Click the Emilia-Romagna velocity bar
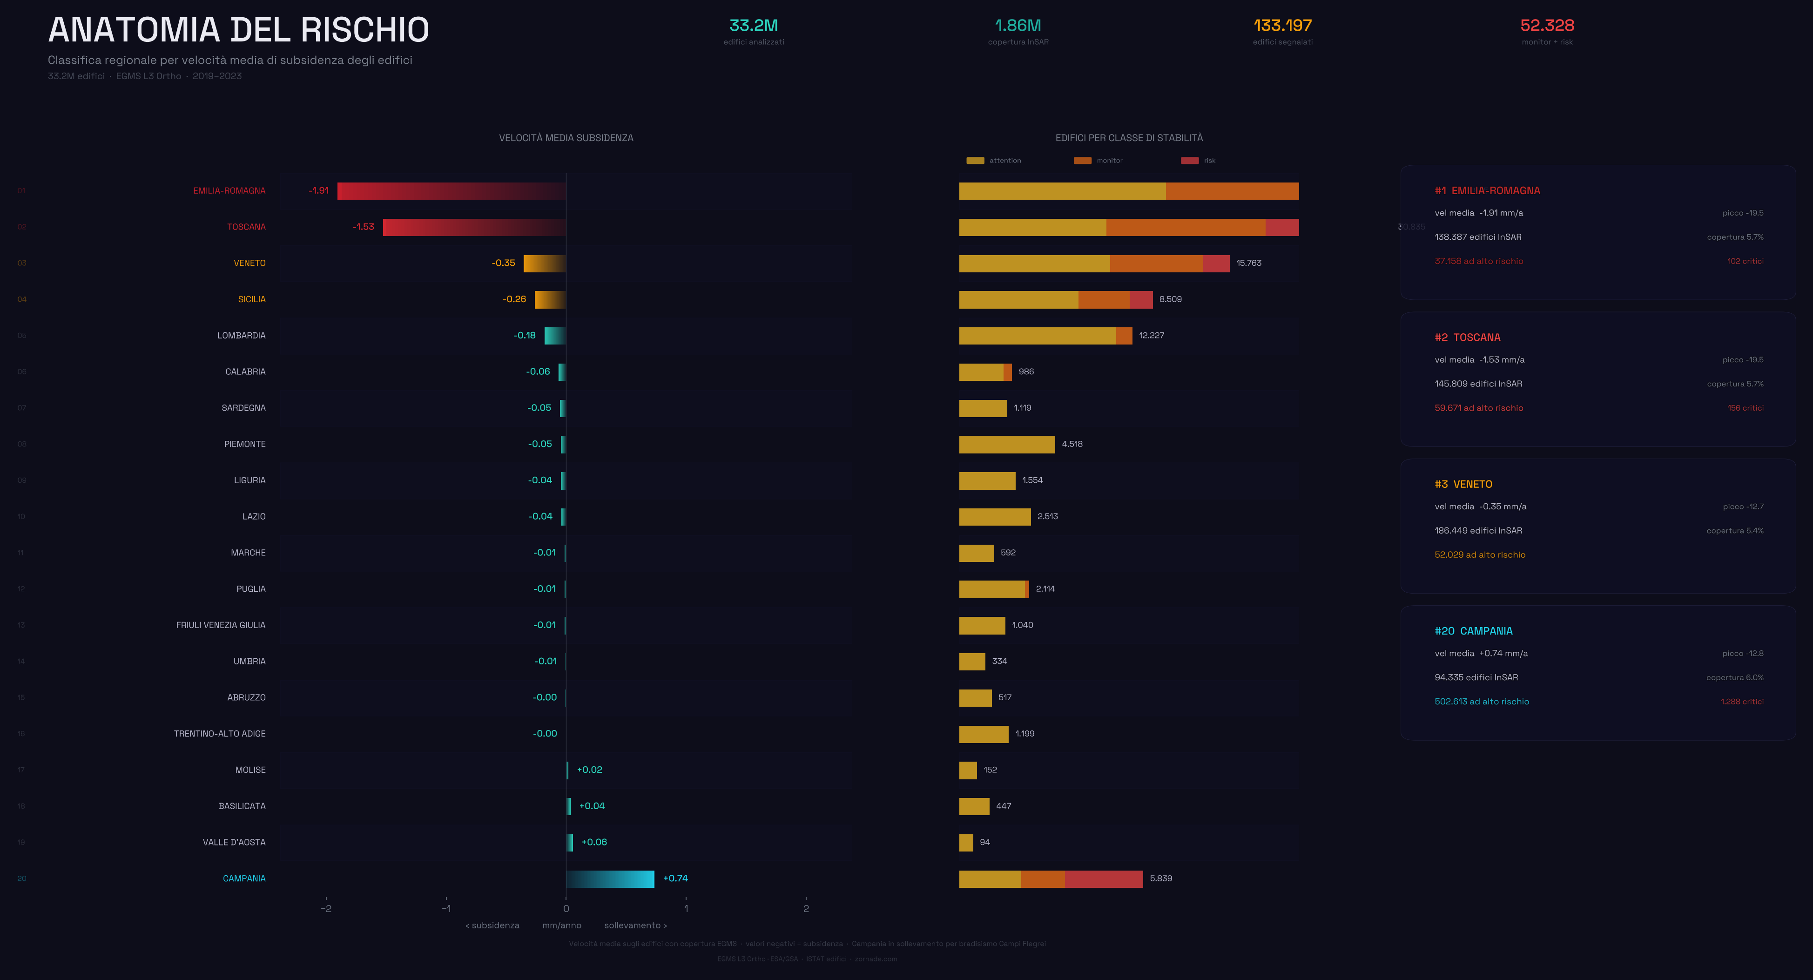coord(451,191)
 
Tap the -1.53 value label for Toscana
coord(363,227)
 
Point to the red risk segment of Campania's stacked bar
coord(1104,879)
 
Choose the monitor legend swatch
coord(1082,161)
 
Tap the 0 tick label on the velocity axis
coord(566,908)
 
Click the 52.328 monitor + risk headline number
coord(1547,25)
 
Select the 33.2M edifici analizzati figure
coord(753,25)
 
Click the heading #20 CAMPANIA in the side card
coord(1473,631)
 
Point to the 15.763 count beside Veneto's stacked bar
coord(1248,264)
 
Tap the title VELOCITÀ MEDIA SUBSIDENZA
coord(566,138)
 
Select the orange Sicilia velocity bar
coord(550,299)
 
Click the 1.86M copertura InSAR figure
coord(1018,25)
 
